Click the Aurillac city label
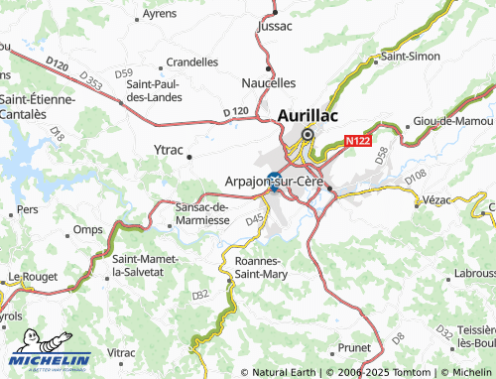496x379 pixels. [309, 115]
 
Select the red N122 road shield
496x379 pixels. [357, 143]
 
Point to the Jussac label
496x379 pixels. [275, 27]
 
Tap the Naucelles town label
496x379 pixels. [269, 82]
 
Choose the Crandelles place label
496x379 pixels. [192, 61]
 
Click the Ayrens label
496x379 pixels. [160, 14]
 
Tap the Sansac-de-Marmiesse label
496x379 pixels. [201, 212]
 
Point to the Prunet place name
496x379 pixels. [353, 347]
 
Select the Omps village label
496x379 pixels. [87, 229]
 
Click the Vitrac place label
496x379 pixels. [121, 352]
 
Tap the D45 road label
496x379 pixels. [255, 218]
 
